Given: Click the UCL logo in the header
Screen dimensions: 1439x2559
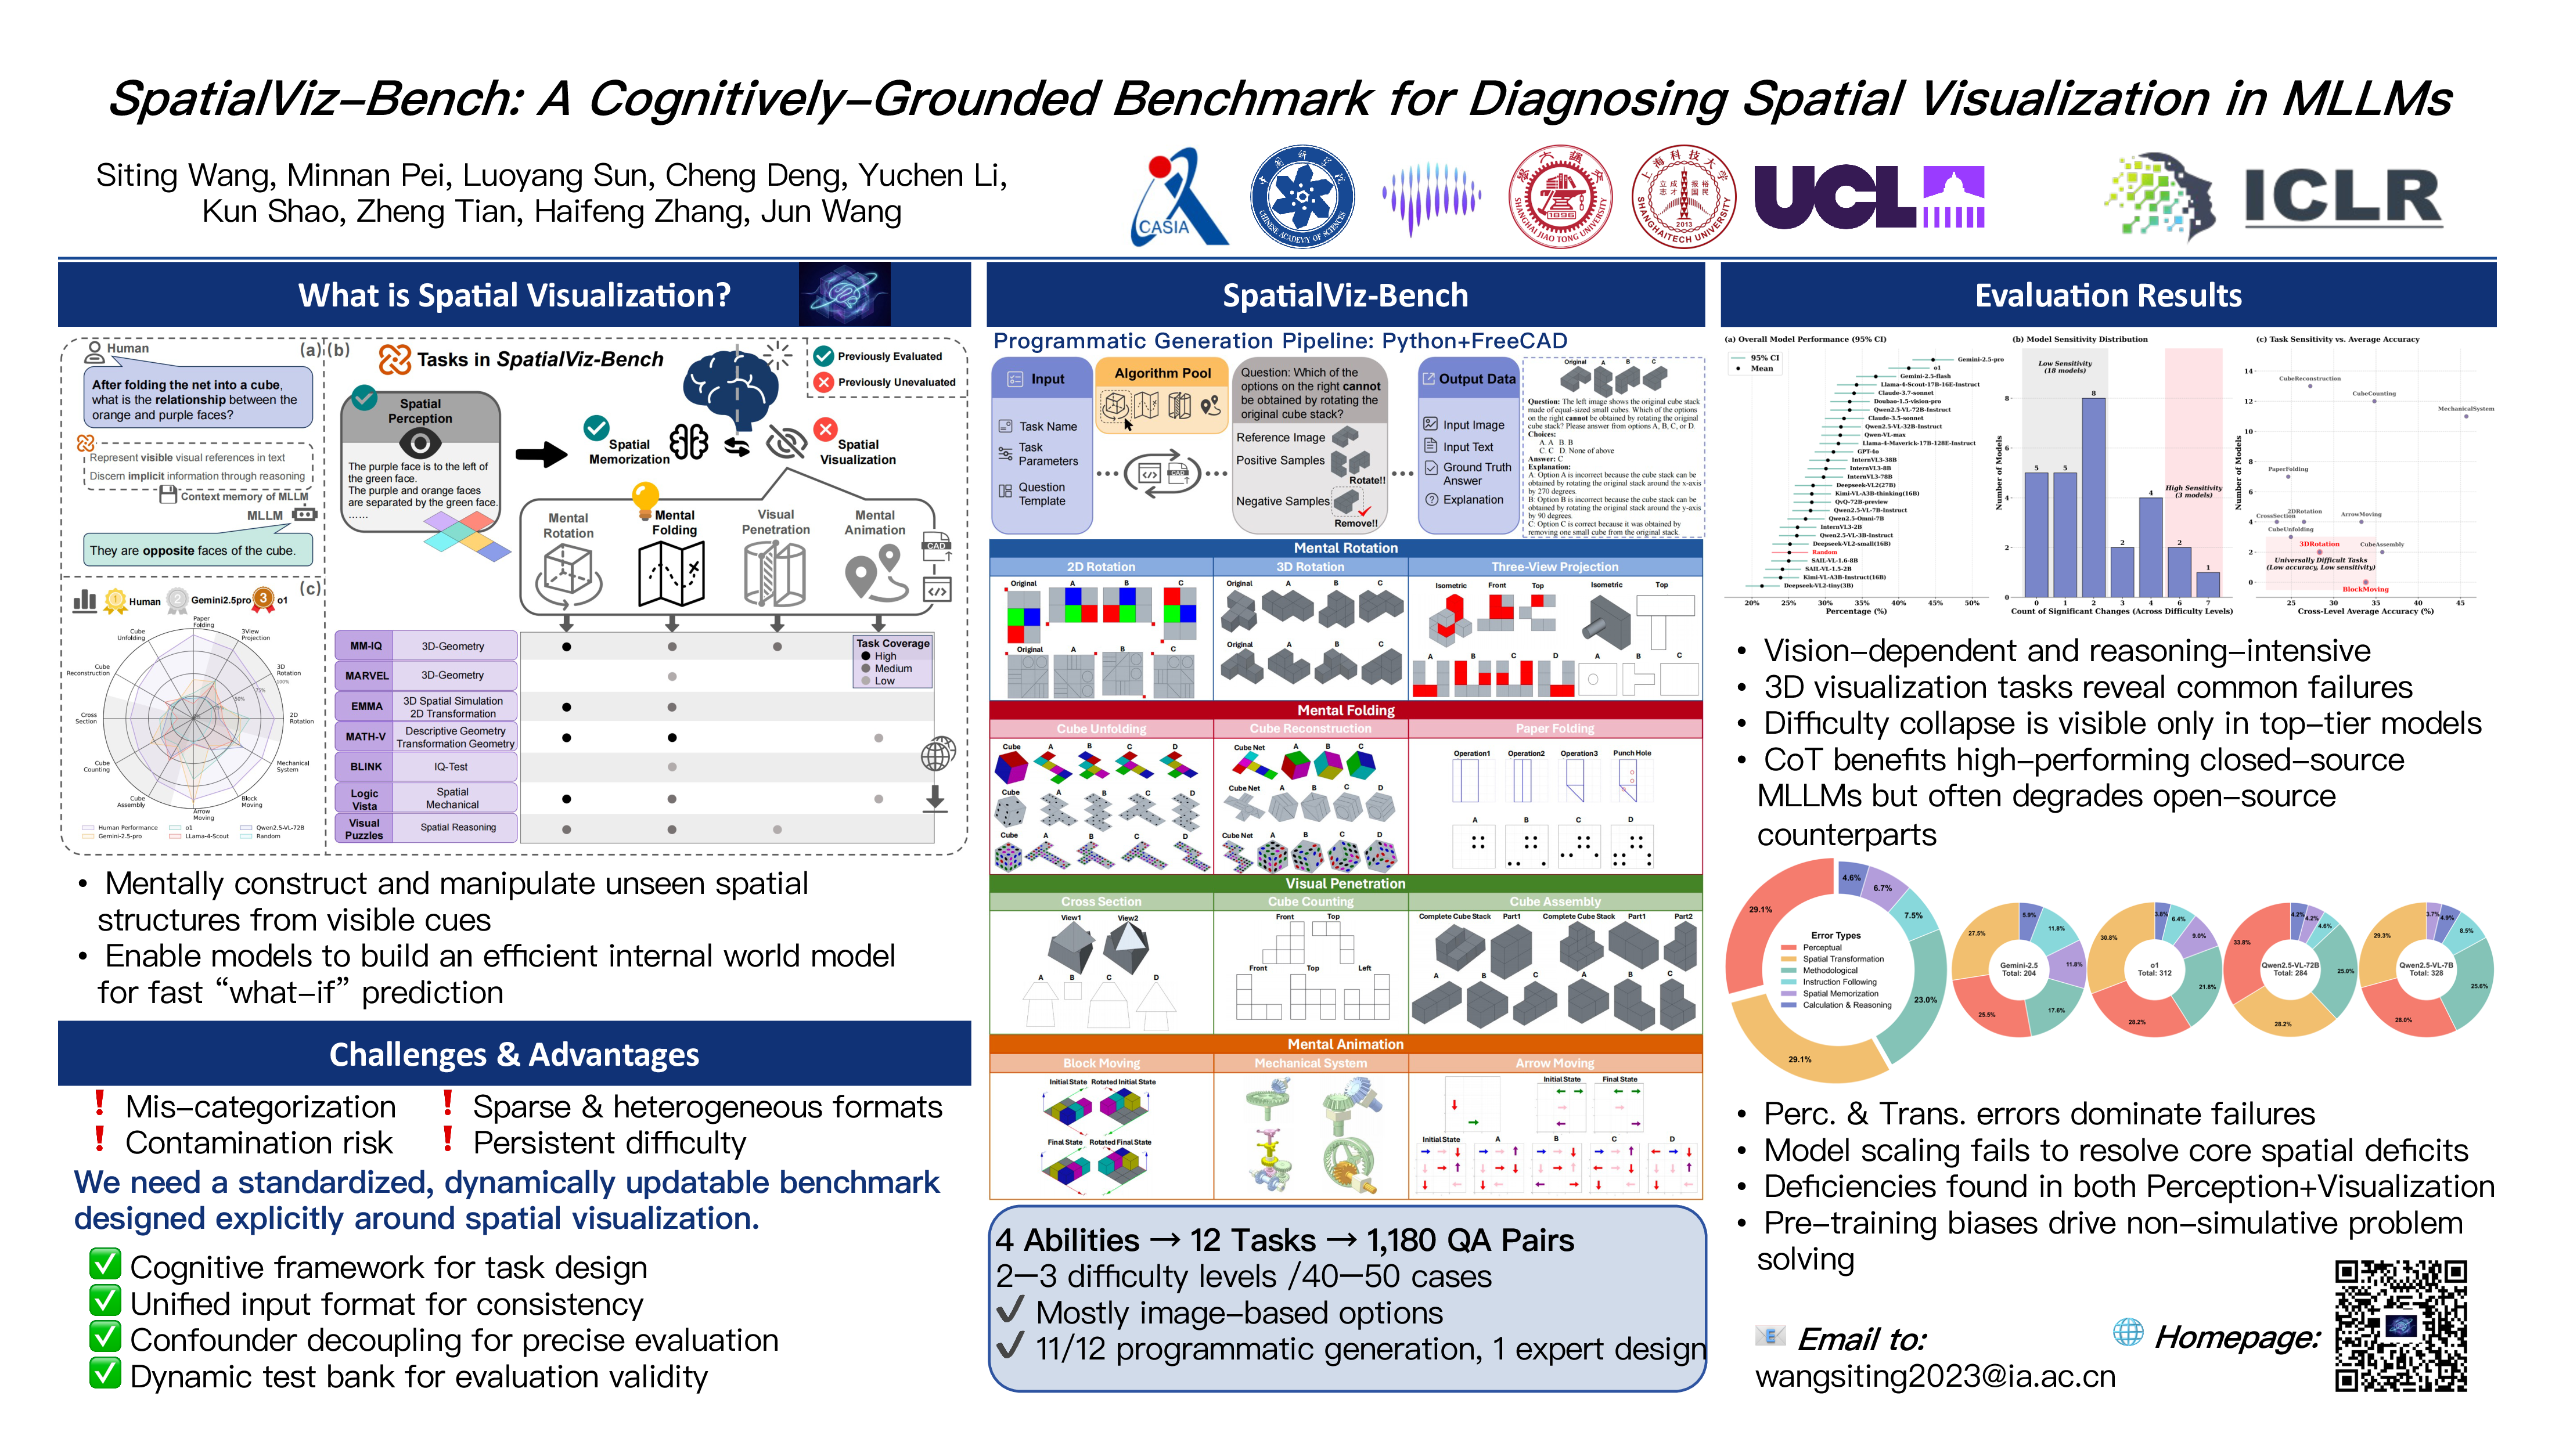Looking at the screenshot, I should [x=1867, y=197].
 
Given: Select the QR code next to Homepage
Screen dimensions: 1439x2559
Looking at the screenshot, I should [x=2400, y=1326].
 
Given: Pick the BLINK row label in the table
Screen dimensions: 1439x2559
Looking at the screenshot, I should [x=366, y=767].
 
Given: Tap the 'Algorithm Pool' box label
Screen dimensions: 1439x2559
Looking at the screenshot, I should [x=1162, y=373].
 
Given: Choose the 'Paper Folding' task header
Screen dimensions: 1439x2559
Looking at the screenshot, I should [x=1554, y=729].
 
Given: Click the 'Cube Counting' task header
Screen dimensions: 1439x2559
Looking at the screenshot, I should [x=1311, y=901].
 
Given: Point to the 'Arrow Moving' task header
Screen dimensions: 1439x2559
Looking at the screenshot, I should [x=1554, y=1063].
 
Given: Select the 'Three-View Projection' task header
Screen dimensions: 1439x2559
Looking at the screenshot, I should [x=1554, y=567].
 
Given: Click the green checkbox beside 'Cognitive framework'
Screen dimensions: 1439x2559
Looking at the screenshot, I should [x=105, y=1266].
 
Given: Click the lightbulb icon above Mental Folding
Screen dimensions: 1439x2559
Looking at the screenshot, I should [x=646, y=493].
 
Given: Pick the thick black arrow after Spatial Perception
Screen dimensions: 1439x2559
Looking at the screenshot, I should [x=541, y=456].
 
